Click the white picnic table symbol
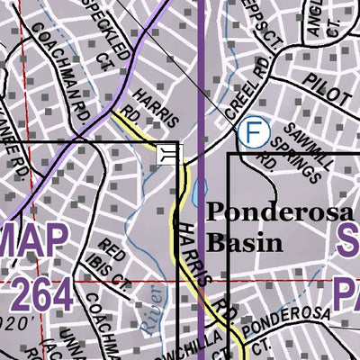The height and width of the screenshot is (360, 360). pos(168,154)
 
